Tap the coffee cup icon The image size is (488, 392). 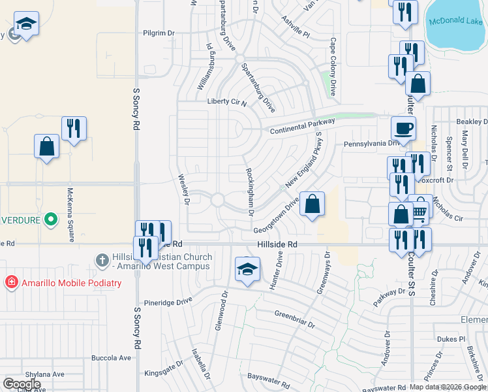(x=403, y=128)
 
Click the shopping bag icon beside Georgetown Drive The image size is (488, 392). (x=313, y=204)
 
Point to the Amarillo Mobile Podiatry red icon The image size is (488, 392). (x=10, y=283)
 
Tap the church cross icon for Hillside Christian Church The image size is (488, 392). (x=101, y=260)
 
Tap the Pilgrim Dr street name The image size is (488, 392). (x=159, y=32)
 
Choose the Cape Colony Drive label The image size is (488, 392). (x=333, y=67)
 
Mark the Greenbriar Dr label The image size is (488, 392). (x=295, y=319)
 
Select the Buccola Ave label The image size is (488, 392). (x=112, y=358)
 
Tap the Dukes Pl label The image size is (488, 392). (x=451, y=339)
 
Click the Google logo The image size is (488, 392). (x=22, y=384)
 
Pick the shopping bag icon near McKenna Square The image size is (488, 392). (x=47, y=147)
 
